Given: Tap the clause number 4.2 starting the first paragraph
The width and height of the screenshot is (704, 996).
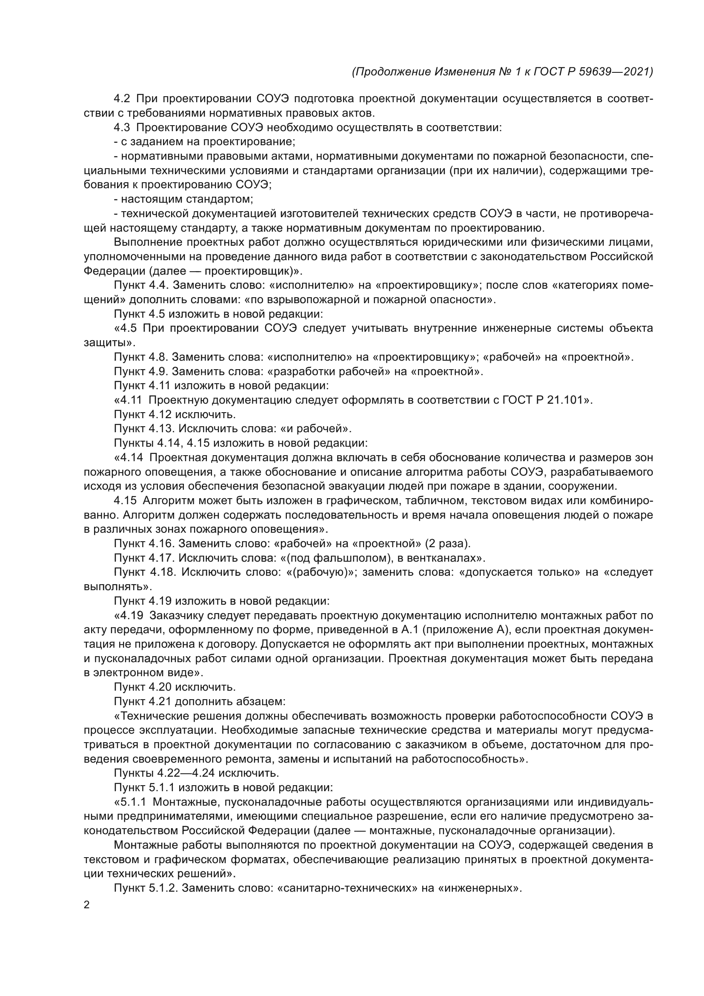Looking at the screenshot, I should (x=122, y=99).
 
